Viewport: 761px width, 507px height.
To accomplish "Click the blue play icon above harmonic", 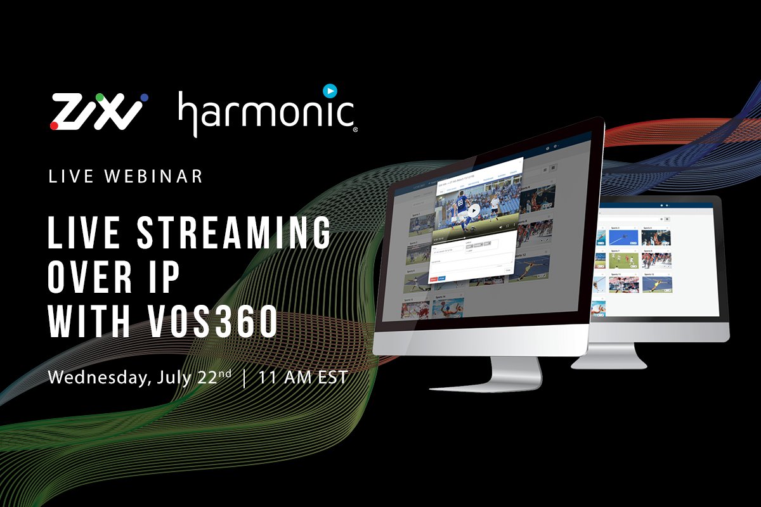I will coord(329,91).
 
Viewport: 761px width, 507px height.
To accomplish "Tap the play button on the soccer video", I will coord(473,211).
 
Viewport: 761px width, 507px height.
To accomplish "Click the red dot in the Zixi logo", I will coord(55,126).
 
